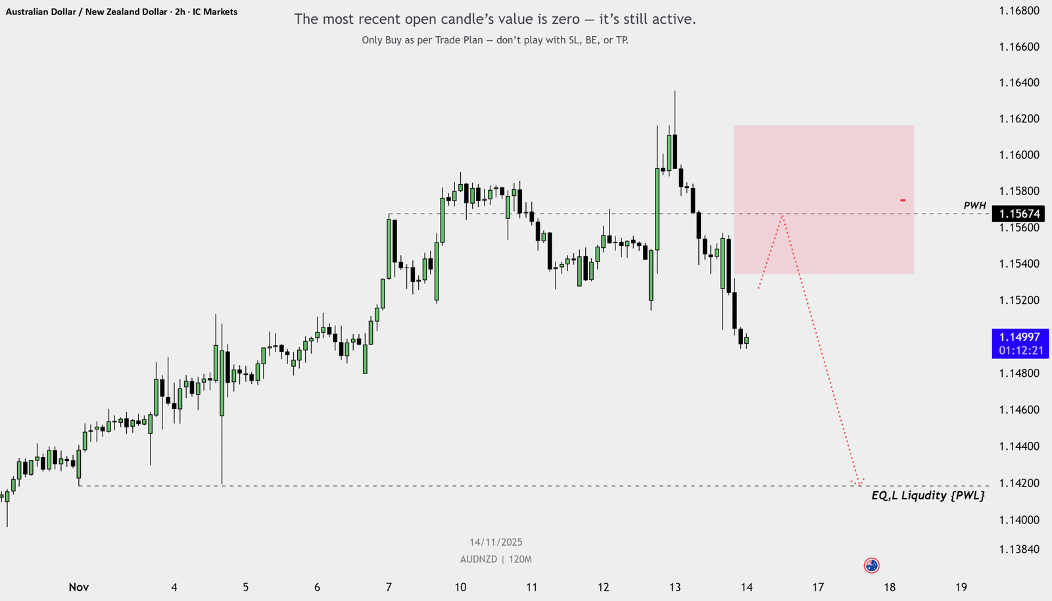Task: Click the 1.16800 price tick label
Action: [1019, 11]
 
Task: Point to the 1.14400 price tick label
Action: [1019, 446]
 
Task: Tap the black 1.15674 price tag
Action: [1019, 214]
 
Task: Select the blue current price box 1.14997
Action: [1020, 343]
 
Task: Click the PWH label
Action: [974, 206]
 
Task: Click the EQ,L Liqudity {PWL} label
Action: [928, 495]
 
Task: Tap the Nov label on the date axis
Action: [79, 587]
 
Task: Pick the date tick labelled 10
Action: [460, 587]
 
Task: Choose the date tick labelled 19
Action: [961, 587]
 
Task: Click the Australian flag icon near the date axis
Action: [871, 565]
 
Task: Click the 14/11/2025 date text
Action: [496, 542]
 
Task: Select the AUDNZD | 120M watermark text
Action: [496, 559]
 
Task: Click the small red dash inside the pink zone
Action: [903, 200]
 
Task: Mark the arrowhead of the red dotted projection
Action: [859, 484]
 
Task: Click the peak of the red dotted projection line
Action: [782, 215]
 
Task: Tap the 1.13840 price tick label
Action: [1019, 549]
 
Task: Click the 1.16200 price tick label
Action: [1019, 119]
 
